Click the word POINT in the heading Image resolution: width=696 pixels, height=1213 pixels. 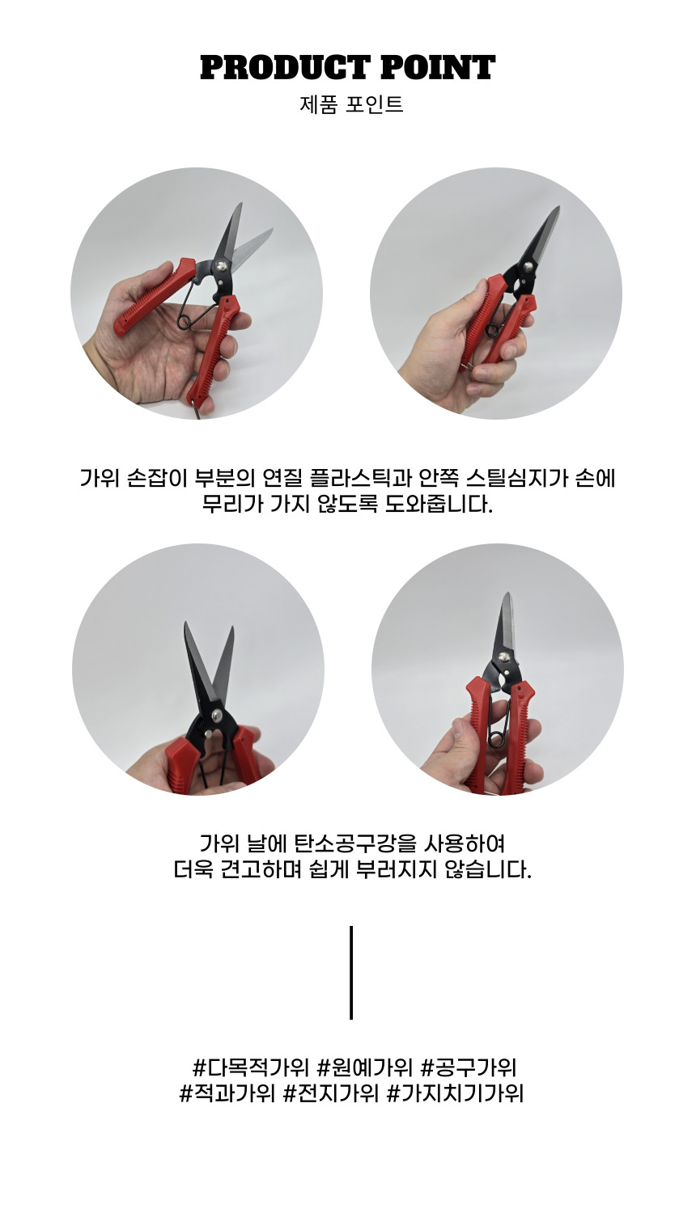point(438,68)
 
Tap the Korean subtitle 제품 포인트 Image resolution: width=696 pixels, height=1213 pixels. point(351,104)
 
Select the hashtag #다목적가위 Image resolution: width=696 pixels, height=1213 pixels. point(250,1067)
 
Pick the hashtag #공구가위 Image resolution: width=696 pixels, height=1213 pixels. point(469,1067)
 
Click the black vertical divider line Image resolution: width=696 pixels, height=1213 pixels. point(351,973)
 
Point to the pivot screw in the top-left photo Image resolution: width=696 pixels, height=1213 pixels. point(221,266)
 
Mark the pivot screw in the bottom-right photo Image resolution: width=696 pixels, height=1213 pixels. point(505,657)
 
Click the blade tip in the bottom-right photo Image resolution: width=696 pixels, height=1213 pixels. point(506,594)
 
